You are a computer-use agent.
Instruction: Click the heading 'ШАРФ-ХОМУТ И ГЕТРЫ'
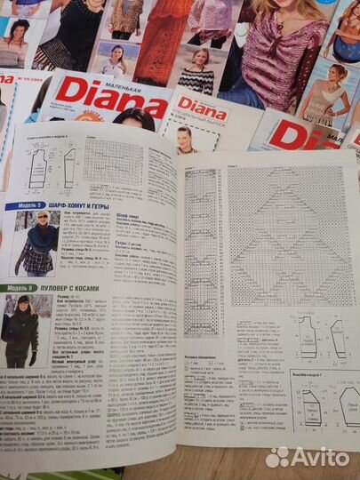(84, 205)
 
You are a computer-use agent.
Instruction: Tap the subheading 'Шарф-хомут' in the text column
(131, 214)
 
